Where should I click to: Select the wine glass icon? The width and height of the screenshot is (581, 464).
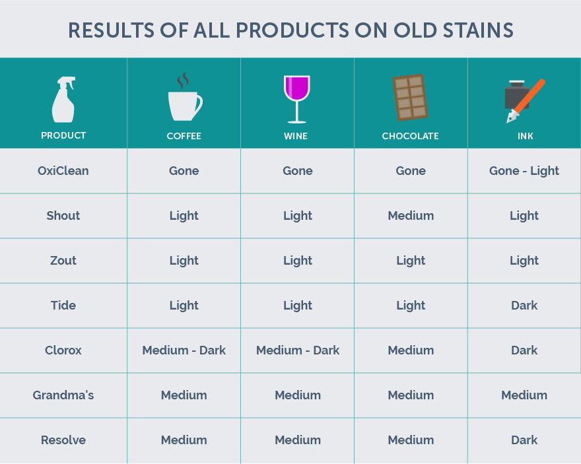[x=297, y=99]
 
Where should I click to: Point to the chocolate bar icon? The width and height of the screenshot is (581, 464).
[x=410, y=98]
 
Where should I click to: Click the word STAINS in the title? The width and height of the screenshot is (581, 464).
[x=479, y=30]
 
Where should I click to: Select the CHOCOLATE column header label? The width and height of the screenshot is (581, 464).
[x=410, y=136]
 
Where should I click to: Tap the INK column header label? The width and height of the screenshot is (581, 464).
[x=525, y=136]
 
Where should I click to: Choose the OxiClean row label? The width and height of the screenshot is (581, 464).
[x=63, y=171]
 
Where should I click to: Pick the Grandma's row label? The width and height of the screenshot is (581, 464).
[x=63, y=395]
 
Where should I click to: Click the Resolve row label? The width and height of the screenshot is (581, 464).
[x=63, y=440]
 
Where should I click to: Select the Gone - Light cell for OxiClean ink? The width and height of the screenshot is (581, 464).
[x=524, y=171]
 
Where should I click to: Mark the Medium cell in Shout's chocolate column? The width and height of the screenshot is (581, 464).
[x=411, y=216]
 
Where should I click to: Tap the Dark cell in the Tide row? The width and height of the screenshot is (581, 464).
[x=524, y=306]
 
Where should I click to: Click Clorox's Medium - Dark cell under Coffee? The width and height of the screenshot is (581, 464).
[x=184, y=350]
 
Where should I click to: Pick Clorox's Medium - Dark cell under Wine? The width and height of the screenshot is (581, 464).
[x=298, y=350]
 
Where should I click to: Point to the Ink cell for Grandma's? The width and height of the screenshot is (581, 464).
[x=524, y=395]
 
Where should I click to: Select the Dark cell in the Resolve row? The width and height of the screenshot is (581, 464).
[x=524, y=440]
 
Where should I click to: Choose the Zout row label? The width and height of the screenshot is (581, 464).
[x=63, y=261]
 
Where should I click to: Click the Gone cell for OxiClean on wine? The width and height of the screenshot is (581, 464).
[x=298, y=171]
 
